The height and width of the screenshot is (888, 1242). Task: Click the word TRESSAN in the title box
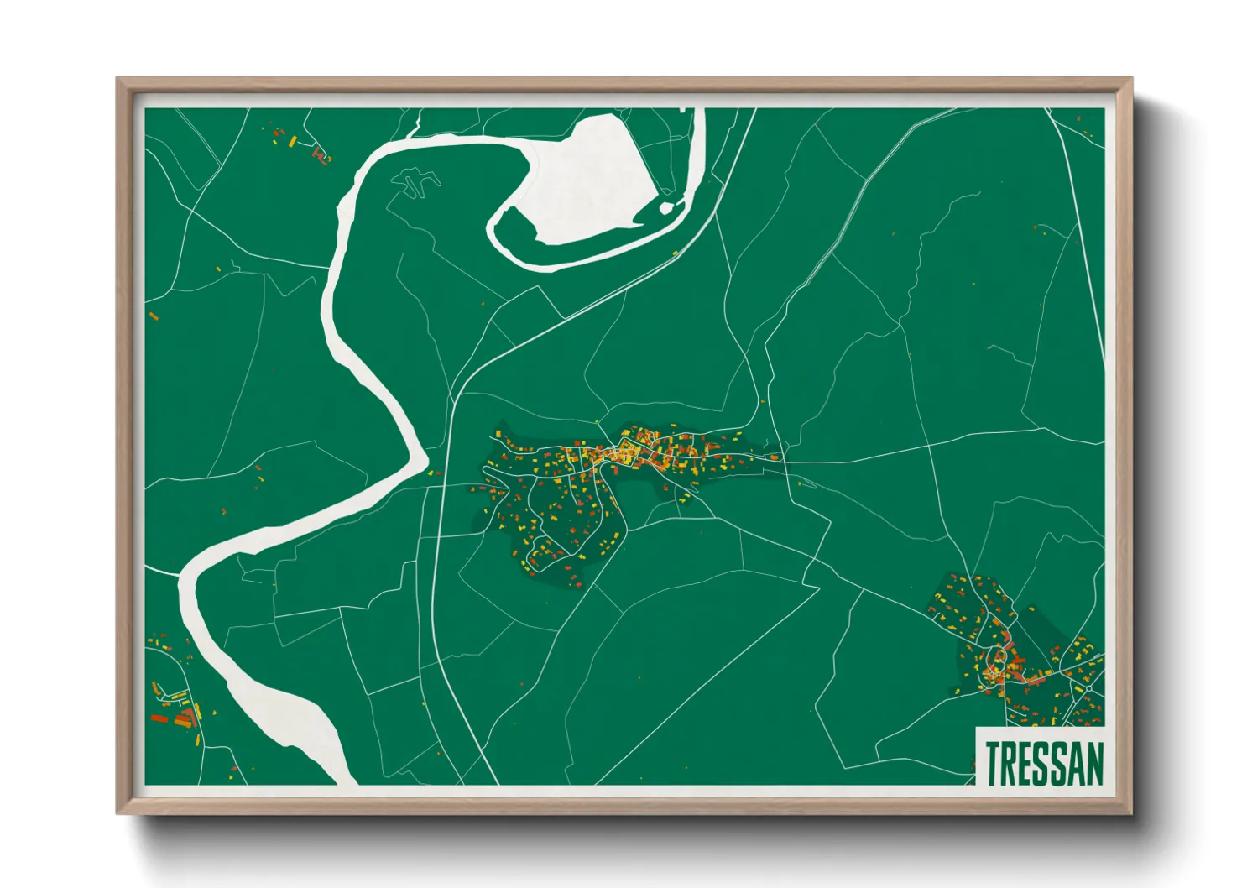tap(1044, 763)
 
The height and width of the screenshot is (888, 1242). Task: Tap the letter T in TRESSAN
tap(993, 763)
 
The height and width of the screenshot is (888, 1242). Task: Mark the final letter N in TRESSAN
tap(1095, 763)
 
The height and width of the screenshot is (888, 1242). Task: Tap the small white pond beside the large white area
tap(666, 207)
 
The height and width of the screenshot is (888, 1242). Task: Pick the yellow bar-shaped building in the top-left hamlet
tap(292, 142)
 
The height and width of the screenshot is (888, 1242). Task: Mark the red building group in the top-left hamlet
tap(320, 154)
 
